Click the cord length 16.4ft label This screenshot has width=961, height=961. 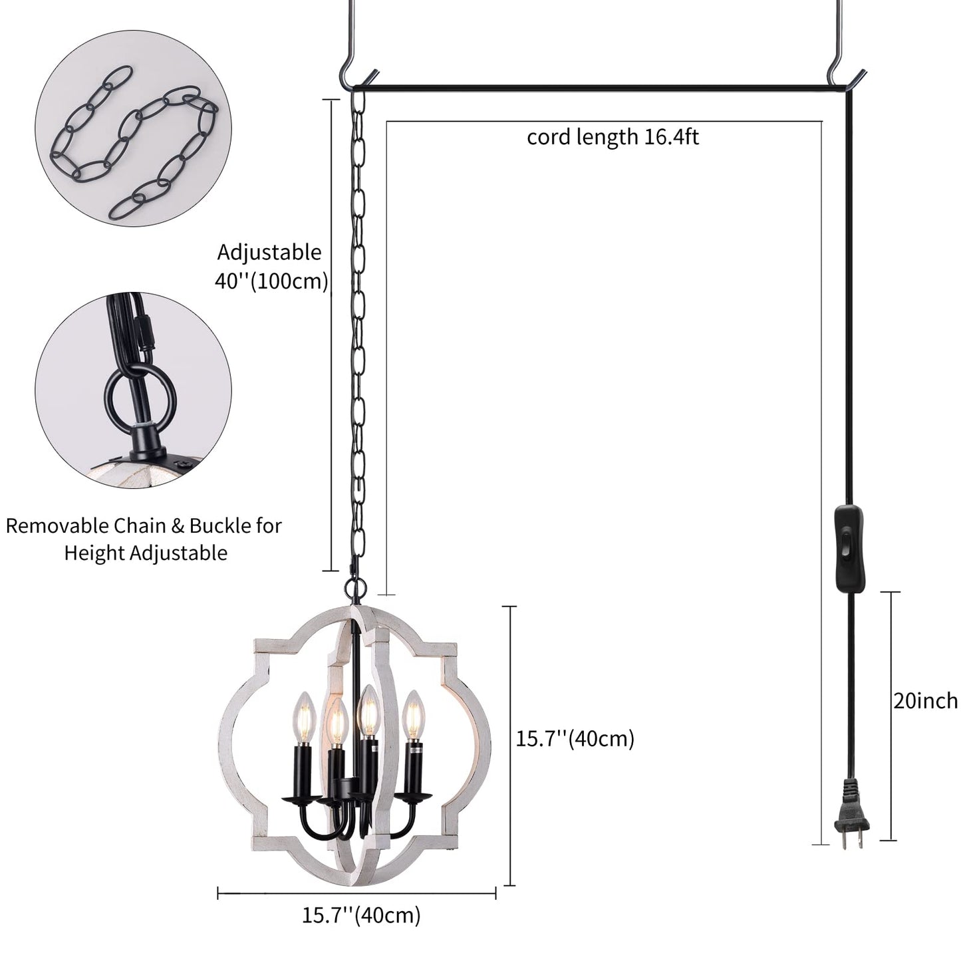(613, 138)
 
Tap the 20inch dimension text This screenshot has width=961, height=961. (925, 701)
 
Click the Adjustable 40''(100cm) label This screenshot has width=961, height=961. (270, 267)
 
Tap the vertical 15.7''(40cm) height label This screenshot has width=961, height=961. (575, 738)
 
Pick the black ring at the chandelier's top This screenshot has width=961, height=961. (356, 589)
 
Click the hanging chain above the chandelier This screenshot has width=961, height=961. (359, 333)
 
